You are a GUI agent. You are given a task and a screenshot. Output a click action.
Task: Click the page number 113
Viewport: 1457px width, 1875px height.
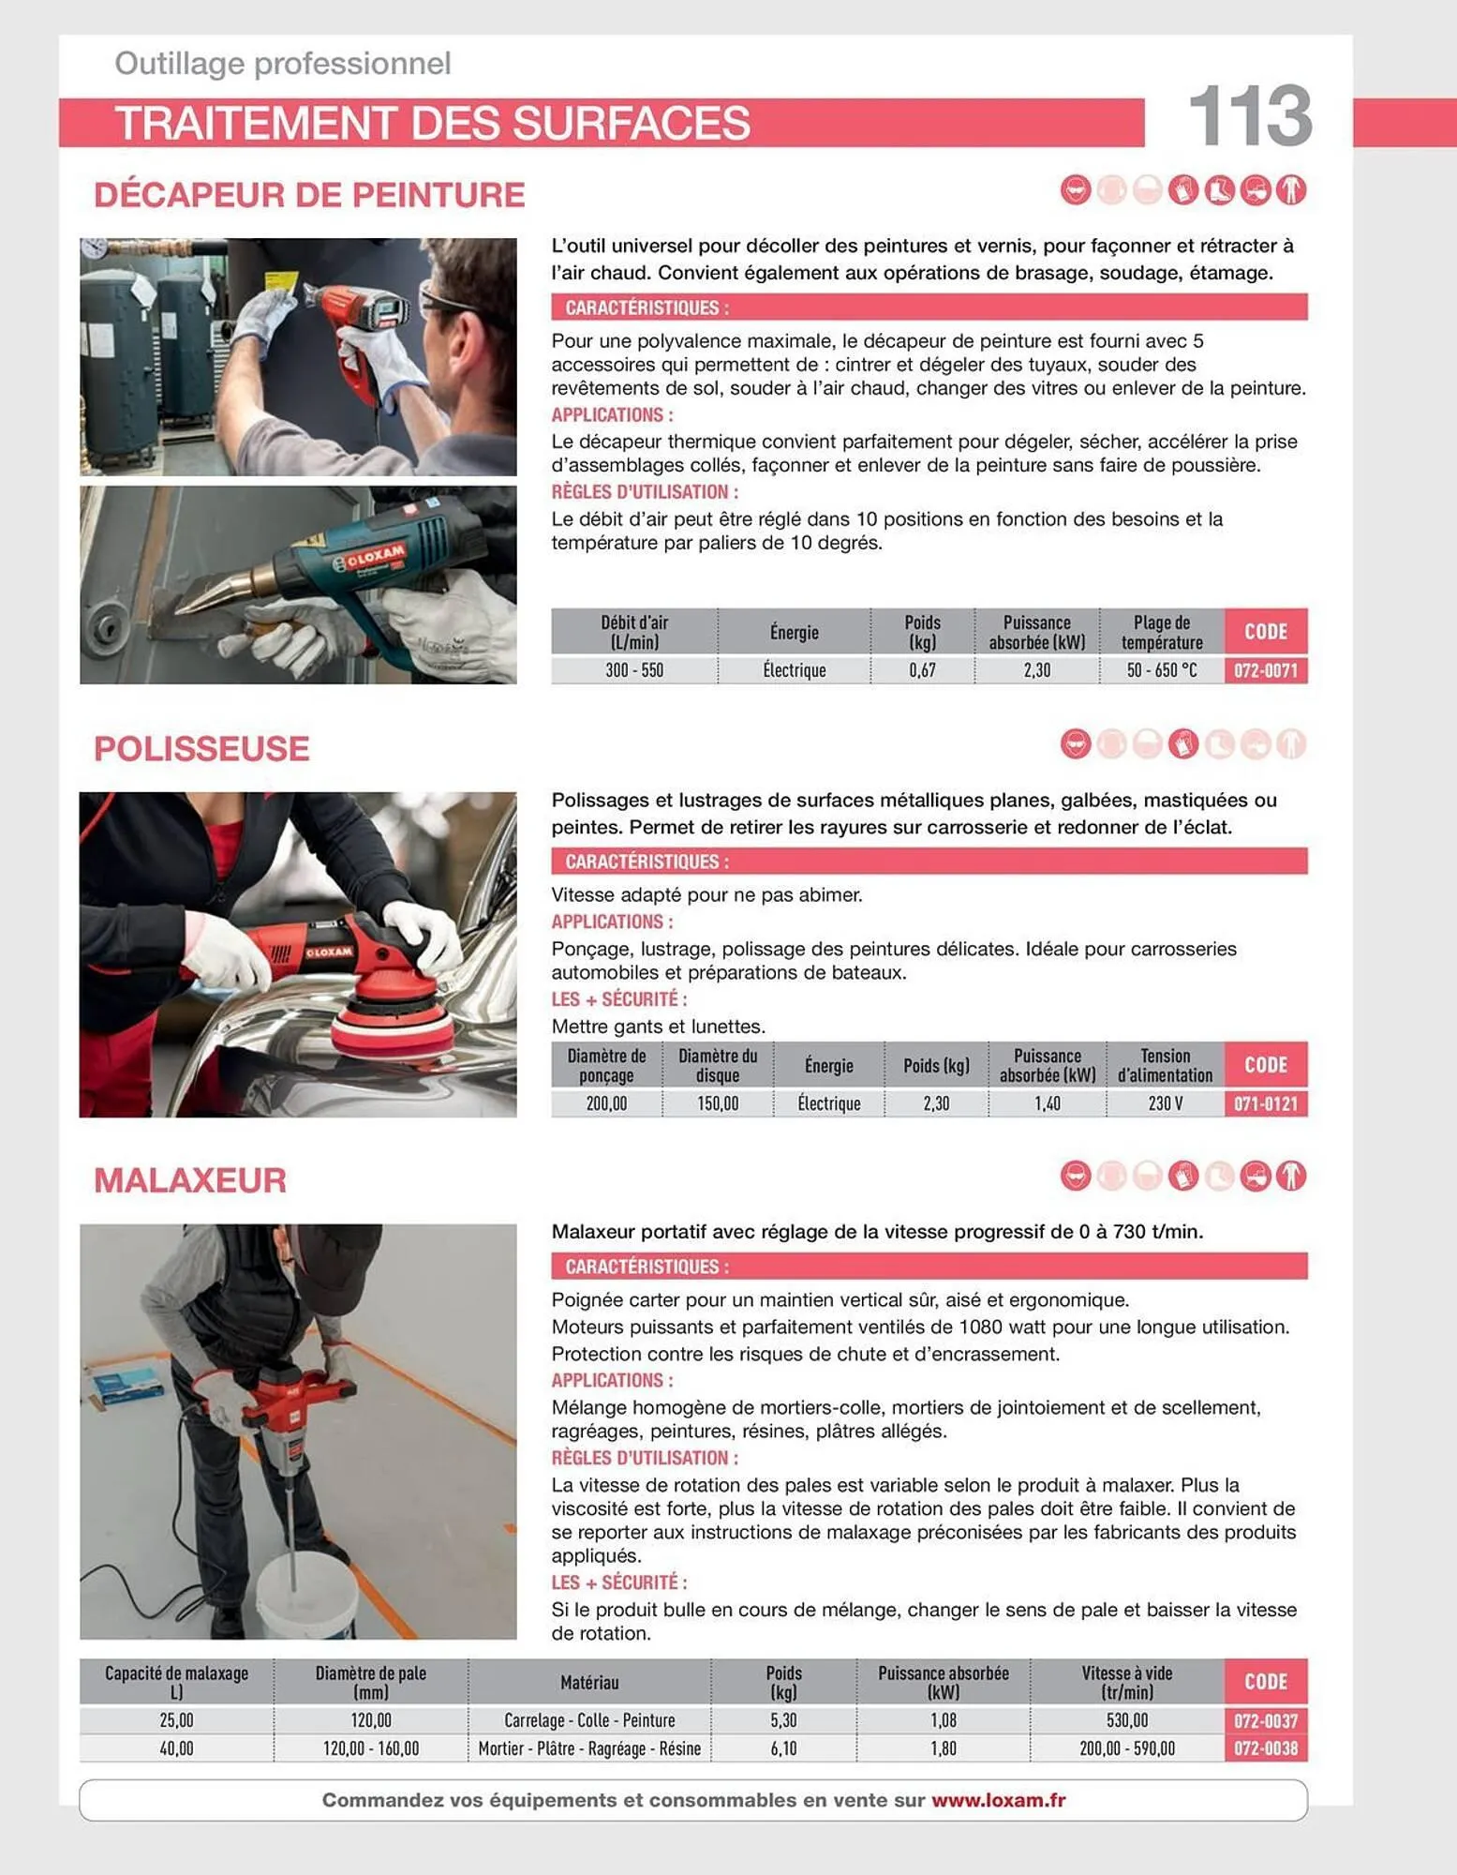pos(1249,116)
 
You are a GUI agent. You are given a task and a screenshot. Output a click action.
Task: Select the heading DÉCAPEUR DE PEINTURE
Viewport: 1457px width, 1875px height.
pos(309,195)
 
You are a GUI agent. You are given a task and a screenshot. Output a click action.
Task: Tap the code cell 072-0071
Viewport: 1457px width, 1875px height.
pos(1265,670)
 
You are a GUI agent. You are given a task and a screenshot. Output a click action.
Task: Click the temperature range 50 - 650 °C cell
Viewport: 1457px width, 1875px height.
pos(1161,670)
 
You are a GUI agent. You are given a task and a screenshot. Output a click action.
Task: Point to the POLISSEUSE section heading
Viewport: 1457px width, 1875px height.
pos(201,749)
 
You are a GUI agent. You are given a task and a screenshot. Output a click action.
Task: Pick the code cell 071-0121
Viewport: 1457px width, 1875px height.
pos(1265,1103)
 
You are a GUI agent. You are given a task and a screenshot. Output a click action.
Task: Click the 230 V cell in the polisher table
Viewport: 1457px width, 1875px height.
pos(1165,1103)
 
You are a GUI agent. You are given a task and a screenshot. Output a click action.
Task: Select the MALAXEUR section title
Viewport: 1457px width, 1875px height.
pos(190,1180)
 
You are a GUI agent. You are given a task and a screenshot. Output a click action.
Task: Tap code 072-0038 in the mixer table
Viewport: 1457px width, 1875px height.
pos(1265,1748)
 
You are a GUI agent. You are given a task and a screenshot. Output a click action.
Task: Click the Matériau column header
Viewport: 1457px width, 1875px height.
pos(589,1683)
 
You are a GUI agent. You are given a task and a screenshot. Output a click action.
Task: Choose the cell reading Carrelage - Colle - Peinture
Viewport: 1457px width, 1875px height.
pos(589,1720)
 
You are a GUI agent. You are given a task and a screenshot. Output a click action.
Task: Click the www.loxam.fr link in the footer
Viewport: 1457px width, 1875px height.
pos(998,1800)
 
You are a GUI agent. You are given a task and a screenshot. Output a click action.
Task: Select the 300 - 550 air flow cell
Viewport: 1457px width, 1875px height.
pos(633,670)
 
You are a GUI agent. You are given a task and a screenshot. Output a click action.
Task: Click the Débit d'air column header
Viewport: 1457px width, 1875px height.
pos(633,632)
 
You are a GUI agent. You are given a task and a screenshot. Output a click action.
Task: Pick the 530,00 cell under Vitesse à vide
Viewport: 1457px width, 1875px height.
pos(1126,1720)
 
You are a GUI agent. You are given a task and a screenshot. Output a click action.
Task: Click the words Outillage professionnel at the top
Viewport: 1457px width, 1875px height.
pos(282,64)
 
